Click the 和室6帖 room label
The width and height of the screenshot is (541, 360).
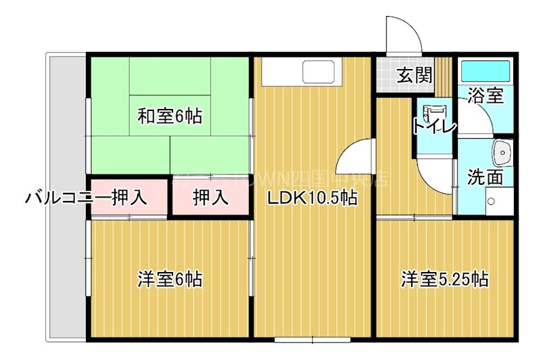pos(169,116)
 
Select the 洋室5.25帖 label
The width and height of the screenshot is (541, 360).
pos(444,278)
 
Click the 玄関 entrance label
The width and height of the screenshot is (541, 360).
pos(414,75)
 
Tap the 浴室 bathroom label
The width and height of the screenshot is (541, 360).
pos(485,95)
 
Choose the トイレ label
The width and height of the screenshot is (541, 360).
pos(433,126)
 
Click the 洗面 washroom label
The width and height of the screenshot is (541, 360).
pos(485,177)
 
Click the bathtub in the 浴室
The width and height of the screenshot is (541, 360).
pos(485,70)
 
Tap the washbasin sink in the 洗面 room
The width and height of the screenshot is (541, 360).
pos(502,153)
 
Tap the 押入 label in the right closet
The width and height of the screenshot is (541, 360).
pos(210,198)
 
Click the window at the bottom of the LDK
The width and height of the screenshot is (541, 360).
pos(312,337)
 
